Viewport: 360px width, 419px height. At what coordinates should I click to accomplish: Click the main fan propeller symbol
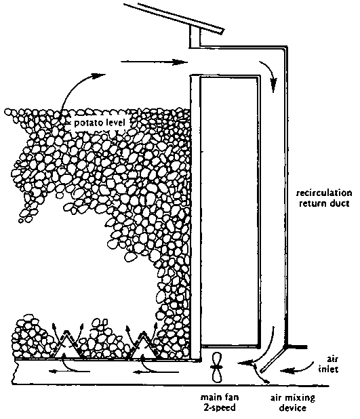coord(217,367)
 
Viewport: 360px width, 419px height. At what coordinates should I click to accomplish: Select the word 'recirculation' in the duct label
coord(324,193)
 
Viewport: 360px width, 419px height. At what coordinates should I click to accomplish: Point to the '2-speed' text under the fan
coord(220,407)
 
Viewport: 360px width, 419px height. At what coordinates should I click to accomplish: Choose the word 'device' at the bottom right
coord(292,408)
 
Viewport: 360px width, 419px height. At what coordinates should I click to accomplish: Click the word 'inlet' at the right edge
coord(328,370)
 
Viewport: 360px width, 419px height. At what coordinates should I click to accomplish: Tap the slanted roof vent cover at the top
coord(173,18)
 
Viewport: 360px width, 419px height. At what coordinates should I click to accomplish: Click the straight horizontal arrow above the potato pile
coord(154,62)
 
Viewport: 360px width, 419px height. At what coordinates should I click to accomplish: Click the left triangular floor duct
coord(65,344)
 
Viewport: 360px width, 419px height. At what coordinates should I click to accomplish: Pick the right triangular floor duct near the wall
coord(144,344)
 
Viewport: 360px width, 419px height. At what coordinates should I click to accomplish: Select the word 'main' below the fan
coord(209,397)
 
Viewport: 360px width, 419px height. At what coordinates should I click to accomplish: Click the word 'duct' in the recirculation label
coord(340,203)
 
